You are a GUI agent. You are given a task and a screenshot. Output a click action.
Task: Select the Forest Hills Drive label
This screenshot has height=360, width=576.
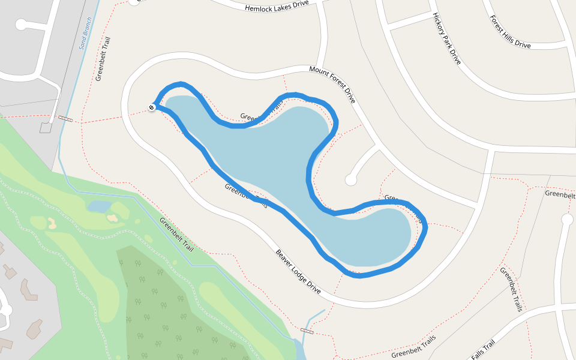(510, 32)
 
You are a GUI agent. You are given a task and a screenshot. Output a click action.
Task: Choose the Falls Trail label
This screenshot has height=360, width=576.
(482, 350)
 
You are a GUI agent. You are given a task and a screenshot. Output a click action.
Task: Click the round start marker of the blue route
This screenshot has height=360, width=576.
(152, 107)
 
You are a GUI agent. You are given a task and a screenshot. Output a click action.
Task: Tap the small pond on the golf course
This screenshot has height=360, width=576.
(99, 206)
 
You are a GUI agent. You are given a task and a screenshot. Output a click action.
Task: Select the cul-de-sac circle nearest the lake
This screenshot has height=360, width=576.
(351, 179)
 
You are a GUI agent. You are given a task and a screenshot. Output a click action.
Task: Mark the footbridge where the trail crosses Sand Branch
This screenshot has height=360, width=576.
(65, 119)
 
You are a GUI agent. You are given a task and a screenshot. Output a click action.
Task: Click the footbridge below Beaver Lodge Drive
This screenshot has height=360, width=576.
(307, 331)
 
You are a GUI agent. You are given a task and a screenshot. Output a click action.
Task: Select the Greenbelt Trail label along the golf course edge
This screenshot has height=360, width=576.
(176, 234)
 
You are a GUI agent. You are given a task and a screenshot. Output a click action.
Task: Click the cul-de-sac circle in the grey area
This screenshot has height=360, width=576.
(22, 25)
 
